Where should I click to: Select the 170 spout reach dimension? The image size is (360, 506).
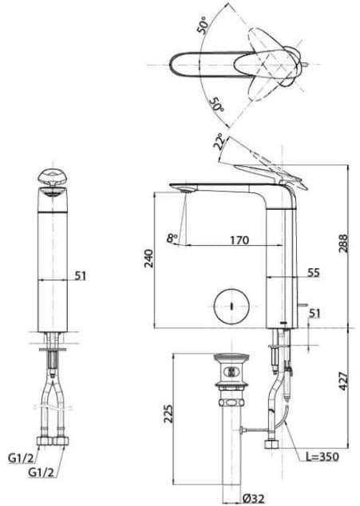point(238,239)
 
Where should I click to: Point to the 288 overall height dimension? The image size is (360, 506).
point(345,245)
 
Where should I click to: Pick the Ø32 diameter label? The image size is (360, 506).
point(255,498)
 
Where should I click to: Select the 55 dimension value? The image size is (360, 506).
point(313,272)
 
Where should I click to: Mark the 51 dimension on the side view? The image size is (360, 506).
point(314,313)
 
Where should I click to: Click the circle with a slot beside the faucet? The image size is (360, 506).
point(228,305)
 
